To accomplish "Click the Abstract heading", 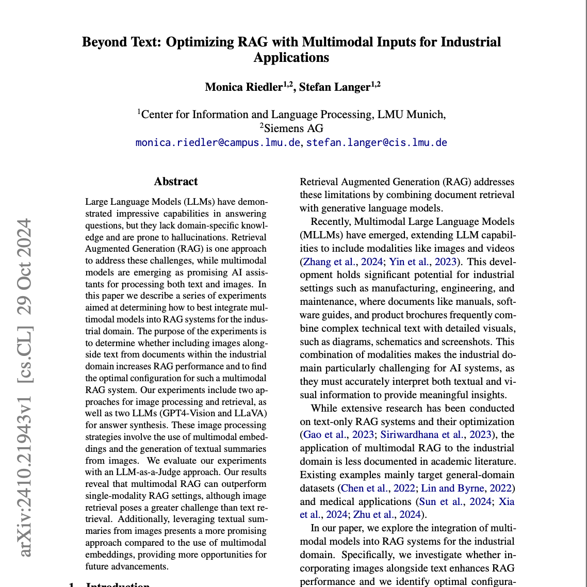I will coord(175,182).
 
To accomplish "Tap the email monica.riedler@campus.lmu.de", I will coord(218,142).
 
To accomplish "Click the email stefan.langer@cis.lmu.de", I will coord(377,142).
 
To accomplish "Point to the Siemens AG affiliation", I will coord(292,128).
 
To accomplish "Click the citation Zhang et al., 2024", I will coord(342,262).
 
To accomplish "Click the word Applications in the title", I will coord(291,57).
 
